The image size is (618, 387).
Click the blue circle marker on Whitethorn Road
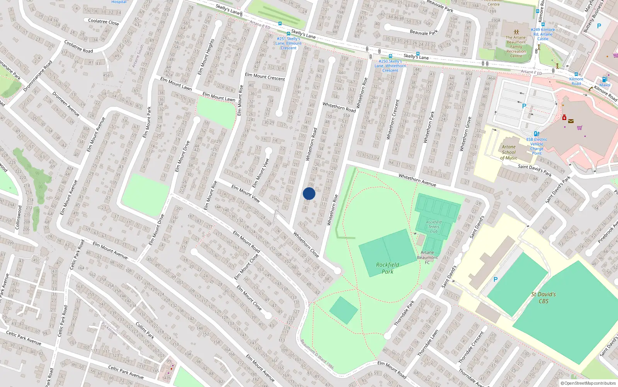point(309,193)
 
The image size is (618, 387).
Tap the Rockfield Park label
point(387,268)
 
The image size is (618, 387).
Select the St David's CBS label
point(543,297)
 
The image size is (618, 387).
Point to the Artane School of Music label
point(509,152)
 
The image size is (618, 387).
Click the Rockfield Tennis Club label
point(434,227)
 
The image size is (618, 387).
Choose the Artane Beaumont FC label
point(427,257)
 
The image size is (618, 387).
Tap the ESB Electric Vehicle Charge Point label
point(537,146)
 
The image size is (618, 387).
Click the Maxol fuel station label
point(605,85)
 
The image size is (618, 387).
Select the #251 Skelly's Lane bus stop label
point(289,43)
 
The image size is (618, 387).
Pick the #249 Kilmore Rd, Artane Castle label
point(543,34)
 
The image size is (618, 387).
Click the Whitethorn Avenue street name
point(417,180)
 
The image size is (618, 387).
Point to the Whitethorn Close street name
point(306,245)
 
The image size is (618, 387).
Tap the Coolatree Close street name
point(104,22)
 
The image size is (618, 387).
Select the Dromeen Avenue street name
point(66,104)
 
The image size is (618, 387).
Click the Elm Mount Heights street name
point(205,57)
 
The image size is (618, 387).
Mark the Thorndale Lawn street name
point(428,343)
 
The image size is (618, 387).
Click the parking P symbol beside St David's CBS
point(496,279)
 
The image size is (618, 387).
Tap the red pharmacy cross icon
point(564,117)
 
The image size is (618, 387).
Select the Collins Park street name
point(145,330)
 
